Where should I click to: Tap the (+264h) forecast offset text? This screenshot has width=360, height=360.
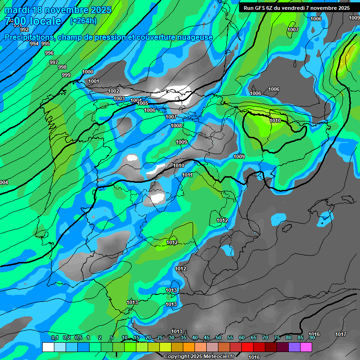[x=83, y=21]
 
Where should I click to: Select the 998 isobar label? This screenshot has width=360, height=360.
[x=62, y=67]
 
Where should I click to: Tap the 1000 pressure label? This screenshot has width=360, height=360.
[x=88, y=72]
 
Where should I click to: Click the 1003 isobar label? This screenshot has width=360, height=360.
[x=119, y=98]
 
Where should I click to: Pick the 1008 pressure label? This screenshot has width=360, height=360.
[x=176, y=126]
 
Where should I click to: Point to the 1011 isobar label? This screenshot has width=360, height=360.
[x=187, y=175]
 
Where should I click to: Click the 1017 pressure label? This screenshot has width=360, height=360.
[x=341, y=334]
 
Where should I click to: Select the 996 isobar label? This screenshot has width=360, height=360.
[x=49, y=53]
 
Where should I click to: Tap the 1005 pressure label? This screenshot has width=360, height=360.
[x=142, y=103]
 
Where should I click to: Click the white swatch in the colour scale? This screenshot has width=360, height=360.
[x=48, y=347]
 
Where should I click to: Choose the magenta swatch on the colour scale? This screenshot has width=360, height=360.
[x=306, y=347]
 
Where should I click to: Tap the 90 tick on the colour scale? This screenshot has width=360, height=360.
[x=312, y=337]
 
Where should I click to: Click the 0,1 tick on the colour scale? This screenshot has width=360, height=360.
[x=54, y=337]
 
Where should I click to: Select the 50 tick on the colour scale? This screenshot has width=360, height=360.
[x=218, y=337]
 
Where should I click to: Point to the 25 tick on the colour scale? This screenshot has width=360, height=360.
[x=160, y=337]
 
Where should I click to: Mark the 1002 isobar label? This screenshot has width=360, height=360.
[x=113, y=91]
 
